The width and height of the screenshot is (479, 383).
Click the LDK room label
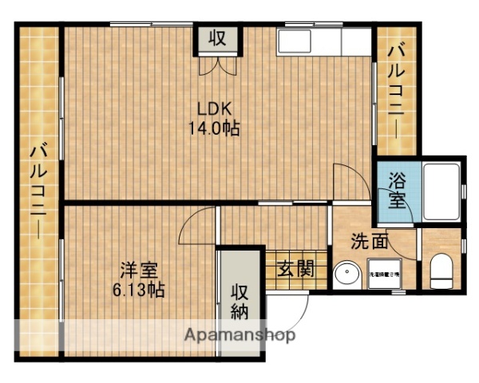point(213,110)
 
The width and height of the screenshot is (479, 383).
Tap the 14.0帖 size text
point(214,128)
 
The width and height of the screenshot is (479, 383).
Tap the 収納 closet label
point(240,300)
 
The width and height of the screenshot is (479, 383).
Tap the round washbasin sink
point(347,274)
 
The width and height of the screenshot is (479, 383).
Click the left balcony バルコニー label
point(37,192)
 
